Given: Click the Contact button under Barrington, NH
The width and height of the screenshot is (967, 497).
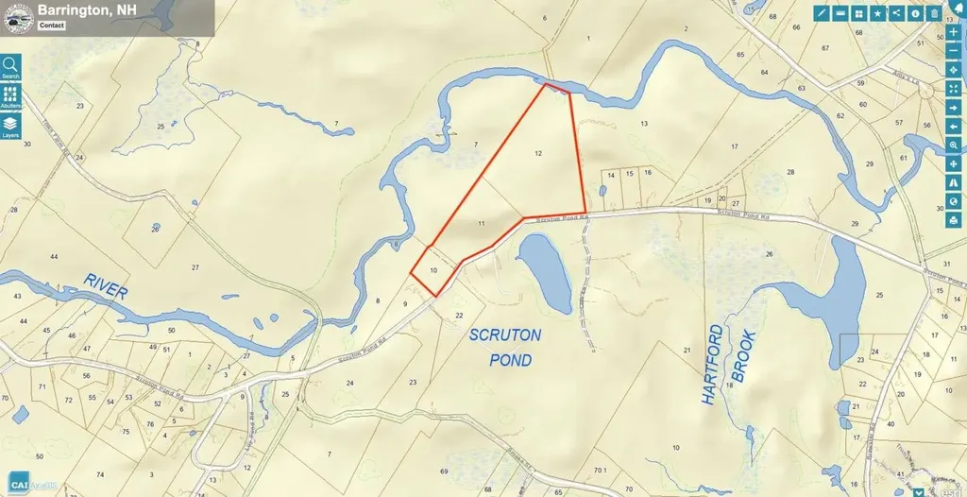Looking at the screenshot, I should click(53, 26).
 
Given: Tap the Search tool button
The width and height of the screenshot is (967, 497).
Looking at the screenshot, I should click(11, 67).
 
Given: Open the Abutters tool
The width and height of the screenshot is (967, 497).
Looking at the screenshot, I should click(11, 98).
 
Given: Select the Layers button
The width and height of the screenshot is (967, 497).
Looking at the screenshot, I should click(11, 126).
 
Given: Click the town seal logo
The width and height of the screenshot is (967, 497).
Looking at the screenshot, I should click(19, 16).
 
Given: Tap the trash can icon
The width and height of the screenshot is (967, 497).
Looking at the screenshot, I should click(934, 13).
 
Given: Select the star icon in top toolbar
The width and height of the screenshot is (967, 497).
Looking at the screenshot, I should click(877, 13).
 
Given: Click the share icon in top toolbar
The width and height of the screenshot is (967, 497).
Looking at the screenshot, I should click(896, 13).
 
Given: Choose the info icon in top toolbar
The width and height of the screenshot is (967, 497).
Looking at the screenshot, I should click(915, 13).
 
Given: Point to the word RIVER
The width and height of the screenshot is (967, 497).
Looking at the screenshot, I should click(104, 285).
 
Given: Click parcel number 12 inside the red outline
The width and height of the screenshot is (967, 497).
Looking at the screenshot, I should click(538, 152).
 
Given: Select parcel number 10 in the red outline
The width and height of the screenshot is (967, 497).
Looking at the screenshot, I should click(433, 270).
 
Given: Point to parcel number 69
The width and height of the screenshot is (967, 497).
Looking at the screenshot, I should click(443, 471).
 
